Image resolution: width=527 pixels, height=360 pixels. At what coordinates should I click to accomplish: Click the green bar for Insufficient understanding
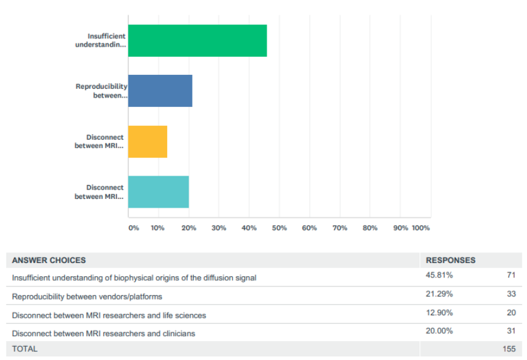197,41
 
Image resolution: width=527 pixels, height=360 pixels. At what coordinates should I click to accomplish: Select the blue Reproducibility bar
160,91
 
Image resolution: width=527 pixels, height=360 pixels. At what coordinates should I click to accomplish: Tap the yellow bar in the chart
148,142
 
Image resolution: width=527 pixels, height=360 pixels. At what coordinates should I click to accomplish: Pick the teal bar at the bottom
158,192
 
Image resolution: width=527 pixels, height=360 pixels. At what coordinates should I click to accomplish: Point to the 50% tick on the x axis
279,228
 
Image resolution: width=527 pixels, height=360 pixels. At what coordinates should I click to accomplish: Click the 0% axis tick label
133,228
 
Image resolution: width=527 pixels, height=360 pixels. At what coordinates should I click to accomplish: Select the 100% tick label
421,228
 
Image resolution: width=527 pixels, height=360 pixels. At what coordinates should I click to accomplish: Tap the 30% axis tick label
219,228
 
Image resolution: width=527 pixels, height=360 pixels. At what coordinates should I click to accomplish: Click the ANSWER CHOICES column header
49,260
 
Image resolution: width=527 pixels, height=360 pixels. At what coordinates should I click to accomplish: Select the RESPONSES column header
451,260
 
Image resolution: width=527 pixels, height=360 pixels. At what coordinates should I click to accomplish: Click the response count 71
511,276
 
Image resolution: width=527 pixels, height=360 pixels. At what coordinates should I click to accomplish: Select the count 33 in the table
511,294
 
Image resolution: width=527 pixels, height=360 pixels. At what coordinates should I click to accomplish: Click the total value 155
509,349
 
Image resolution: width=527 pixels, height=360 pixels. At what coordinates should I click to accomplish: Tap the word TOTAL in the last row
25,349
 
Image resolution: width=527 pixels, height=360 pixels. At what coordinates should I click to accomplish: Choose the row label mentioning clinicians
103,334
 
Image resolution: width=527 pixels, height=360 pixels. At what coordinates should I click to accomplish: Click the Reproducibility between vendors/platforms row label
87,296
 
